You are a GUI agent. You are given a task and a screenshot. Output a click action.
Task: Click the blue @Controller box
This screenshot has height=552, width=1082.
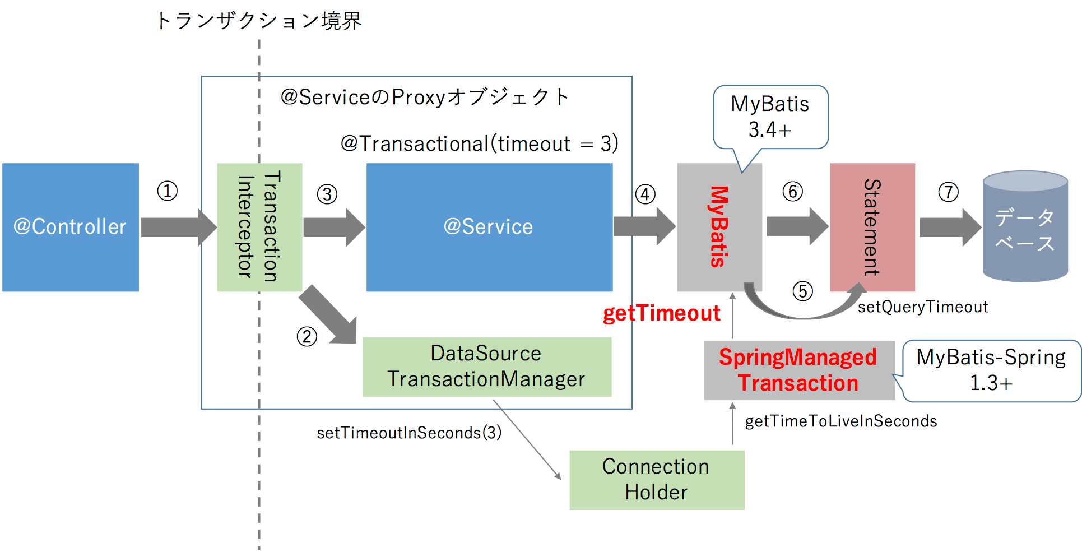coord(70,227)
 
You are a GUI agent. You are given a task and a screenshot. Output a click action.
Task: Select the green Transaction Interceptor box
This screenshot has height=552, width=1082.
coord(259,227)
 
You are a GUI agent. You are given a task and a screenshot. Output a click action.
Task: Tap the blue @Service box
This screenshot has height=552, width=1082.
coord(489,227)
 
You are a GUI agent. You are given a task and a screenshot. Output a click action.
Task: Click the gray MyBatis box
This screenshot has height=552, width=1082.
coord(719,227)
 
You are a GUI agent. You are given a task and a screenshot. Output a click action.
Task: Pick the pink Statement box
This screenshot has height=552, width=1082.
coord(872,227)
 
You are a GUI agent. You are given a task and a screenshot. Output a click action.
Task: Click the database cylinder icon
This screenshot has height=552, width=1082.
coord(1025,227)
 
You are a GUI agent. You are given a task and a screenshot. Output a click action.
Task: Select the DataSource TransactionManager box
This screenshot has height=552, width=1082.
coord(486,367)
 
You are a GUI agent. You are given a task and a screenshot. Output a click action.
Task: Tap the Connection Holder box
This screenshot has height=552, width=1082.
coord(656,480)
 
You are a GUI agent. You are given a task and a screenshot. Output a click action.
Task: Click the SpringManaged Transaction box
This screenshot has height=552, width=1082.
coord(798,370)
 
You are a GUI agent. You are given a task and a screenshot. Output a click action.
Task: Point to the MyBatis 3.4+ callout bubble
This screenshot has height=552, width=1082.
coord(770,117)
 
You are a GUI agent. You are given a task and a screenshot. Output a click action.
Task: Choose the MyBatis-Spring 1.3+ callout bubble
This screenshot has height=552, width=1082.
coord(991,370)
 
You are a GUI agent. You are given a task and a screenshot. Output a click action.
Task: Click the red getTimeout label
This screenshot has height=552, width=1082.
coord(661,313)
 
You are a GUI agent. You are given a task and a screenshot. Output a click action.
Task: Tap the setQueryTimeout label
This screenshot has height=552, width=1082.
coord(922,307)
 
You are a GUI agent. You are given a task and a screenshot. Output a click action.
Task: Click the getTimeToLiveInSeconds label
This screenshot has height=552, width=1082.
coord(840,421)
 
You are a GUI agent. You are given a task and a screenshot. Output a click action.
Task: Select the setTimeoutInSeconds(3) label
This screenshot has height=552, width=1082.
coord(409,433)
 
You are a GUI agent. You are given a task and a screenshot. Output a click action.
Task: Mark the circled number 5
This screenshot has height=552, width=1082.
coord(802,291)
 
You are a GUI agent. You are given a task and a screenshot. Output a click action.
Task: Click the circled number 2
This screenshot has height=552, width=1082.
coord(307,337)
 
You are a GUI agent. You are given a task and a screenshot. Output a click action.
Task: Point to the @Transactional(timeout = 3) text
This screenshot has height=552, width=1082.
coord(479,144)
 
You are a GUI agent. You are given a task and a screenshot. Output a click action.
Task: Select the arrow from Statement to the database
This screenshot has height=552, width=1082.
coord(949,227)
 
